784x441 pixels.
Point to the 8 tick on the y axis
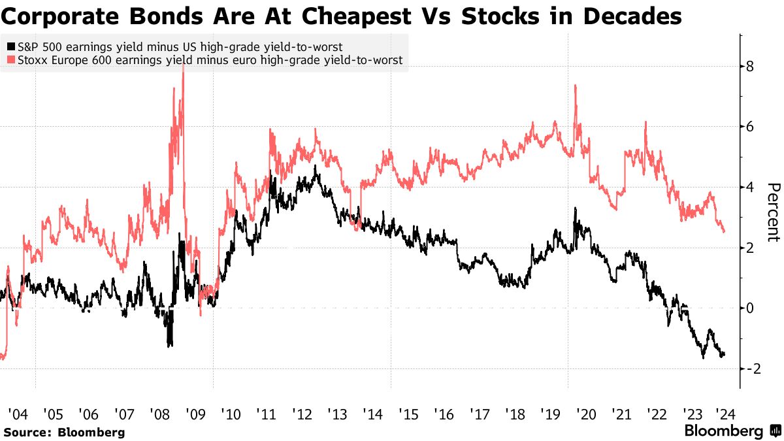(x=751, y=67)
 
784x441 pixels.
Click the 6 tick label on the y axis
(x=751, y=127)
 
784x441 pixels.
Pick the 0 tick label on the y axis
(x=751, y=308)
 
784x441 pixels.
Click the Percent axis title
(x=773, y=212)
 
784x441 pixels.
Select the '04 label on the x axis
(x=17, y=414)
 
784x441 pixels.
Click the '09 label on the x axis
(x=195, y=414)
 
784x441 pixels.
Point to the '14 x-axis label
(x=373, y=414)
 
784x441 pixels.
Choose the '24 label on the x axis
(x=723, y=414)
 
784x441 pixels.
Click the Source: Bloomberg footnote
(x=64, y=432)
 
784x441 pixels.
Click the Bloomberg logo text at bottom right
(x=723, y=431)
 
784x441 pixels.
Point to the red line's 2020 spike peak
(x=574, y=85)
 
